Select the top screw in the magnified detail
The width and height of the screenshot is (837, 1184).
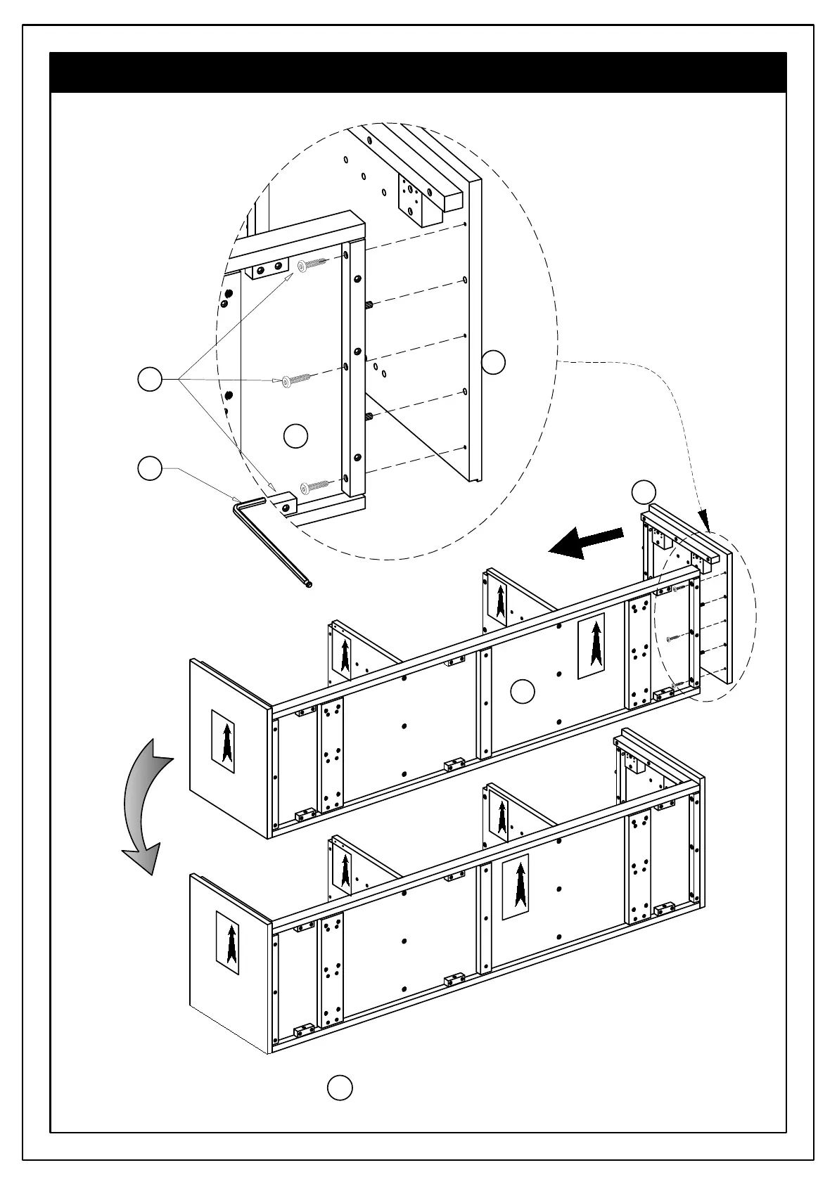tap(312, 265)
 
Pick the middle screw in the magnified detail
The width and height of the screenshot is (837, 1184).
tap(296, 380)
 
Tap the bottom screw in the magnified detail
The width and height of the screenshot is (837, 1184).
tap(314, 485)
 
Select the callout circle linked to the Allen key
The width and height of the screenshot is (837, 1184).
tap(150, 469)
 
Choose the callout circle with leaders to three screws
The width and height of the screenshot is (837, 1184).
tap(150, 380)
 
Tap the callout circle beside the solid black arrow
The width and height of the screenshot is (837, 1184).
tap(644, 492)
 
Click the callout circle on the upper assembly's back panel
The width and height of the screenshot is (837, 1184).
tap(522, 692)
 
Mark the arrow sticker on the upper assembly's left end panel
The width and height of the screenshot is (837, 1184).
tap(224, 741)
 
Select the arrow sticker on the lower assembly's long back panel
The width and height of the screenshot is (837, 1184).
tap(516, 887)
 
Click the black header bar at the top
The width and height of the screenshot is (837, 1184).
tap(418, 72)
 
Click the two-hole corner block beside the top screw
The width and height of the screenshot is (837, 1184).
tap(267, 268)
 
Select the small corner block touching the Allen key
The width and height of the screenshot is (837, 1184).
tap(287, 503)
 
